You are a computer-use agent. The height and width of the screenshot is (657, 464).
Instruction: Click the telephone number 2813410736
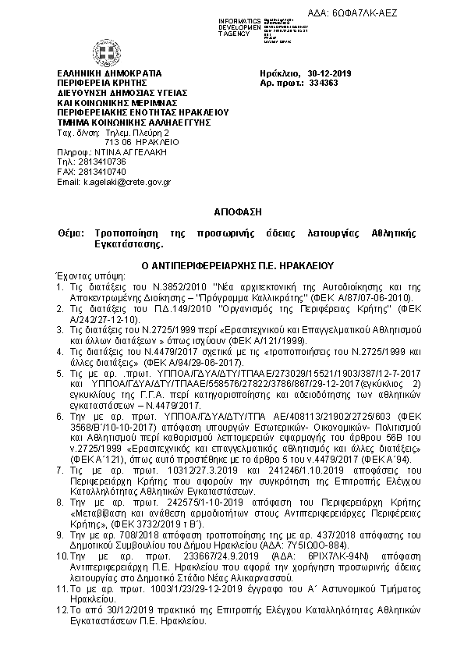coord(98,162)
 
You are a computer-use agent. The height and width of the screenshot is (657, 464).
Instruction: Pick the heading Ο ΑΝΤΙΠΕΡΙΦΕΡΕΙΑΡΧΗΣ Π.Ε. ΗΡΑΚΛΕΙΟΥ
coord(232,265)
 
